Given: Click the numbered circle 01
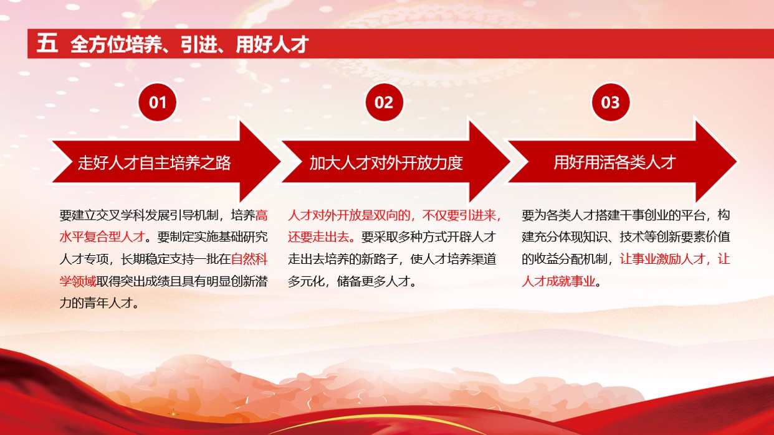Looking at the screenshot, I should [x=158, y=102].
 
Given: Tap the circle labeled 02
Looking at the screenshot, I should [x=384, y=102].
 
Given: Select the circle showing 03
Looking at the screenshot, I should [x=610, y=102].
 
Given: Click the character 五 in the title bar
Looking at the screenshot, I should [x=47, y=44].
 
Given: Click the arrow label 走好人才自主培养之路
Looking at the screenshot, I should [x=154, y=163].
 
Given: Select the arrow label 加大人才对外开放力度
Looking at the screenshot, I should [x=386, y=163].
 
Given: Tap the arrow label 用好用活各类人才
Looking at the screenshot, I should [x=614, y=163].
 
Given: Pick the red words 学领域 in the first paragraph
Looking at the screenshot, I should [x=78, y=281].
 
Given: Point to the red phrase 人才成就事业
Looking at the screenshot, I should [x=558, y=281].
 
